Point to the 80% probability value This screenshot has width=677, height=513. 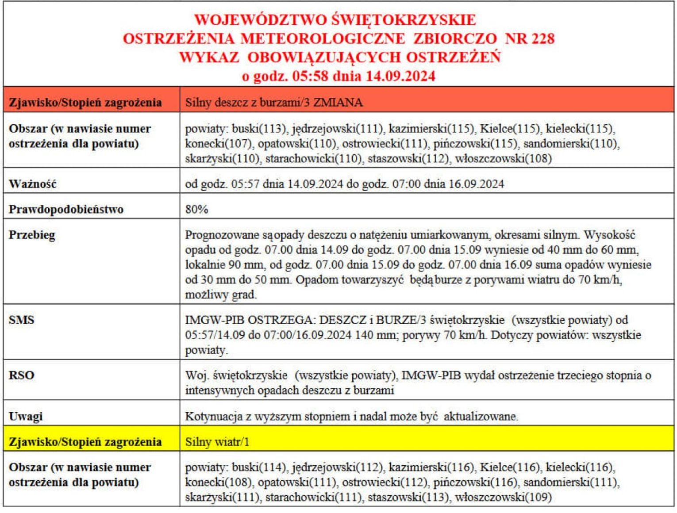[x=196, y=209]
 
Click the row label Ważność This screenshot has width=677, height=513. [x=32, y=184]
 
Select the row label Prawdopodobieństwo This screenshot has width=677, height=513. [x=65, y=209]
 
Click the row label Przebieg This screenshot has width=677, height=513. [x=32, y=235]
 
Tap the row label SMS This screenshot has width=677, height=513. [x=21, y=320]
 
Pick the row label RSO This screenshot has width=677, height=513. [x=21, y=375]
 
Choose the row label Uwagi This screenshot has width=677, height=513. [x=26, y=416]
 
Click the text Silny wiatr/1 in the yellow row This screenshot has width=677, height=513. [x=217, y=442]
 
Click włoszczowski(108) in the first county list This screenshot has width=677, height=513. [x=503, y=158]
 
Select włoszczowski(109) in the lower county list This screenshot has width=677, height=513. [x=503, y=497]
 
